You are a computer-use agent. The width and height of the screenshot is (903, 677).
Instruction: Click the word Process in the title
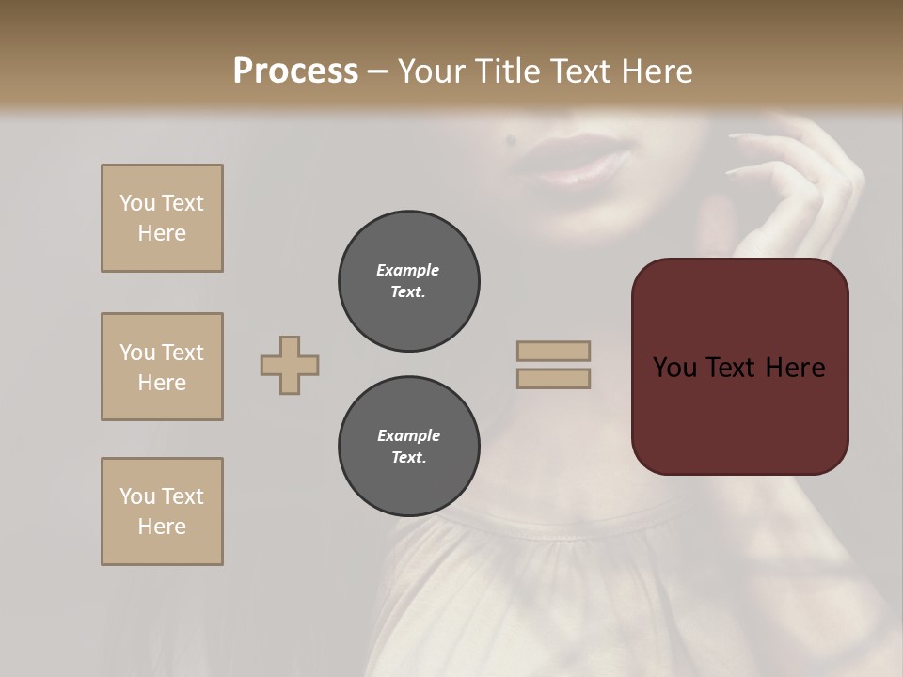tap(295, 71)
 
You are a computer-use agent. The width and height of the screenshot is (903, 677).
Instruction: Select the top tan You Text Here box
tap(162, 218)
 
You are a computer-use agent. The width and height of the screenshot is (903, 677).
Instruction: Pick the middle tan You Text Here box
tap(162, 367)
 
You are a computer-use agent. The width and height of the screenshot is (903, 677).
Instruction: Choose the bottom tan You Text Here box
tap(162, 512)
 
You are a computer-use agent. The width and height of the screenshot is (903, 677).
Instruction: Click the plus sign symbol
tap(290, 365)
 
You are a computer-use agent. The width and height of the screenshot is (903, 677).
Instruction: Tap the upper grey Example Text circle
tap(409, 281)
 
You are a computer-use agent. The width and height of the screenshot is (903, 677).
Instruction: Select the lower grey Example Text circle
tap(409, 447)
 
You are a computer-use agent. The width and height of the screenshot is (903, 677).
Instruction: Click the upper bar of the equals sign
tap(553, 352)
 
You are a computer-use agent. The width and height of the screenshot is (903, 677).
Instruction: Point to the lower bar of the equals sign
tap(553, 379)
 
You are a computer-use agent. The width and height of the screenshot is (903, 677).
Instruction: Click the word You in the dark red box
tap(673, 368)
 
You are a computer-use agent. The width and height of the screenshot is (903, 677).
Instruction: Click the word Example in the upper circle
tap(408, 270)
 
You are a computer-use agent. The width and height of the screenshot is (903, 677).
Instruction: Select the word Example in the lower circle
tap(408, 435)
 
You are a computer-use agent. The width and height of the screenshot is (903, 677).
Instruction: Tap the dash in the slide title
tap(377, 72)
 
